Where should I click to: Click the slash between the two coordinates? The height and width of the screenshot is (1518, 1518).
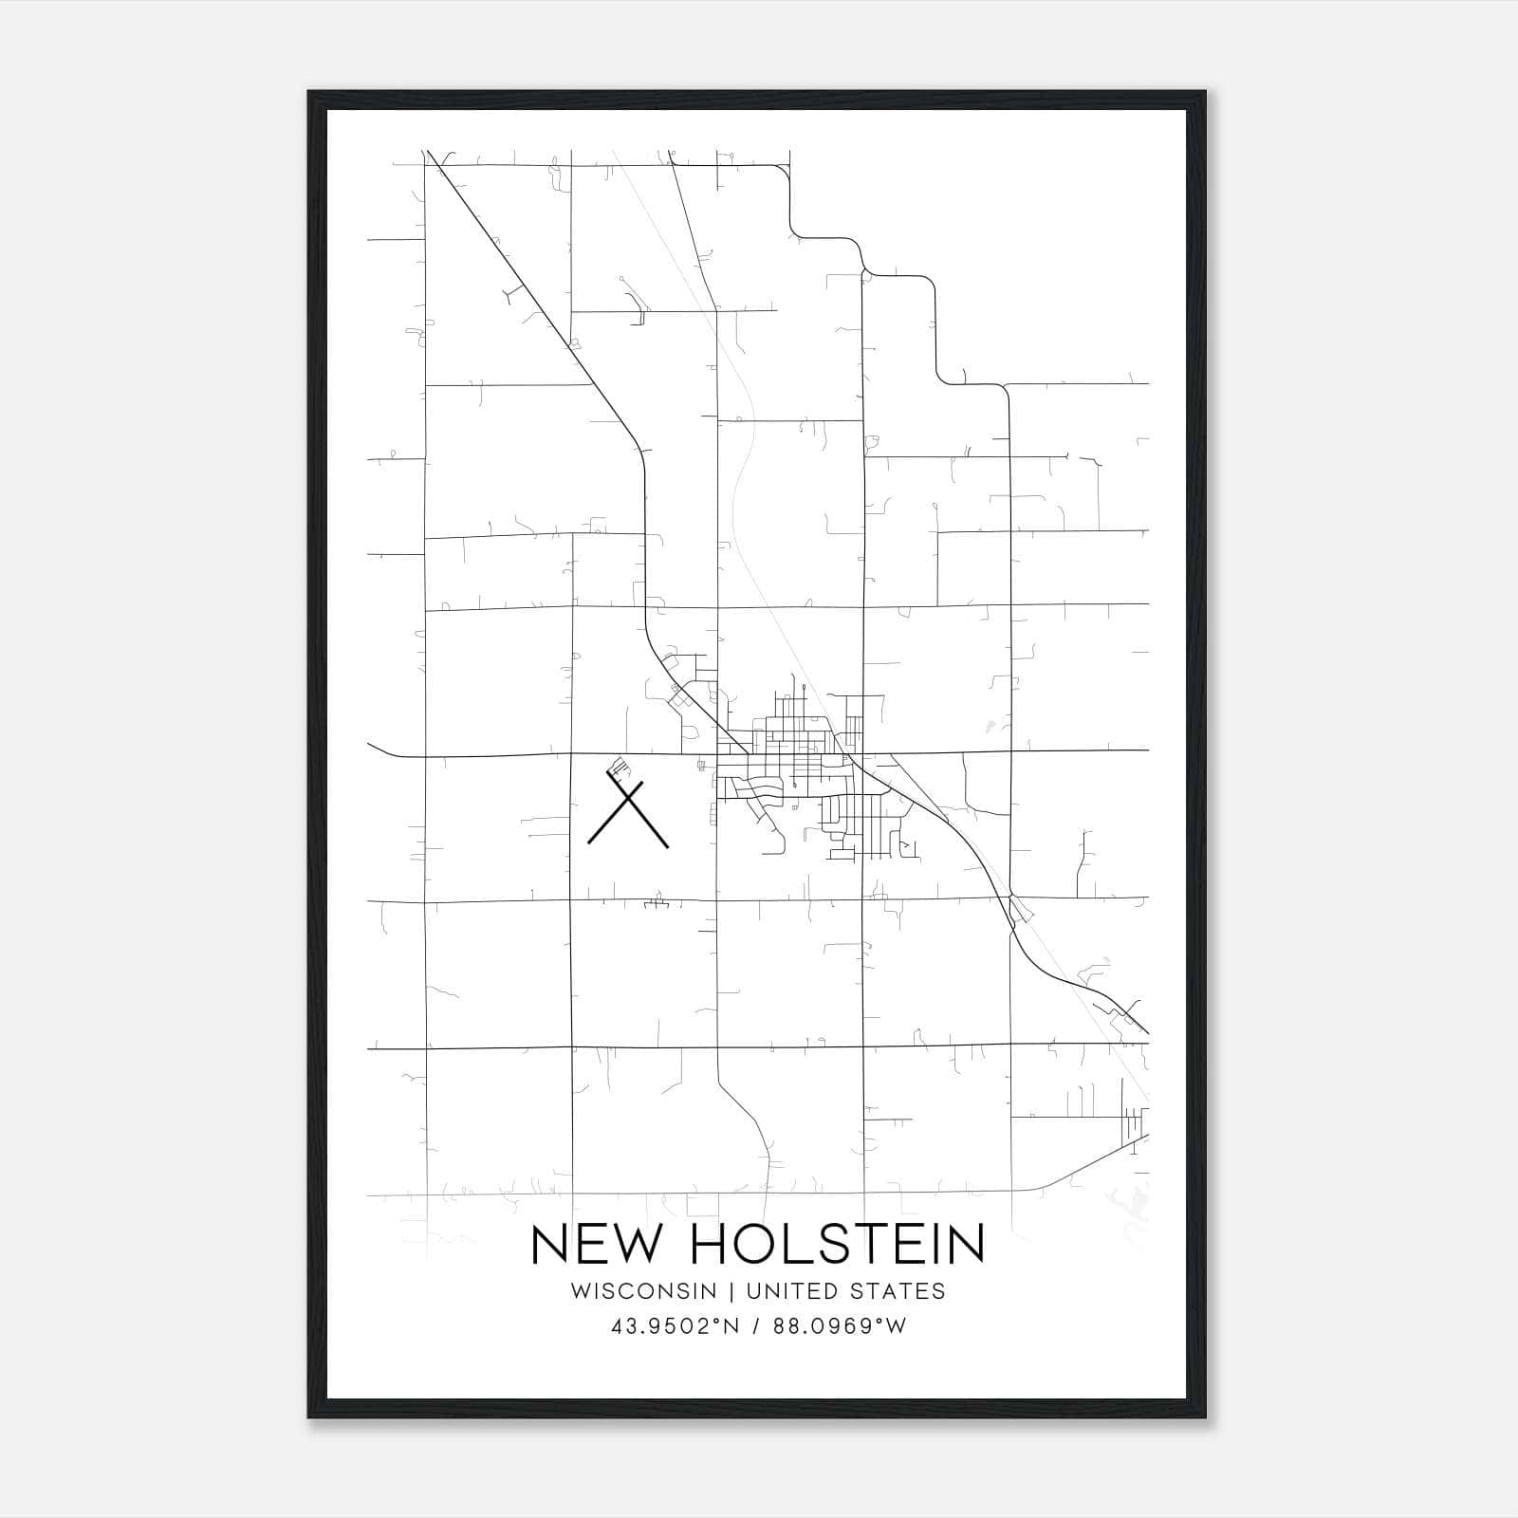coord(756,1326)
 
